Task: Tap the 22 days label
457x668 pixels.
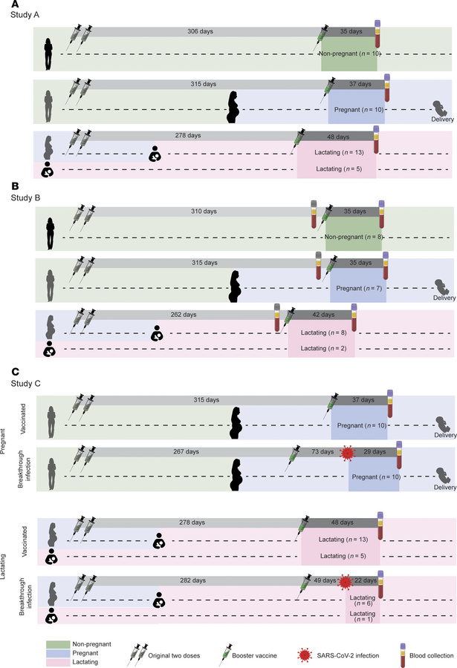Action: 365,580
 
